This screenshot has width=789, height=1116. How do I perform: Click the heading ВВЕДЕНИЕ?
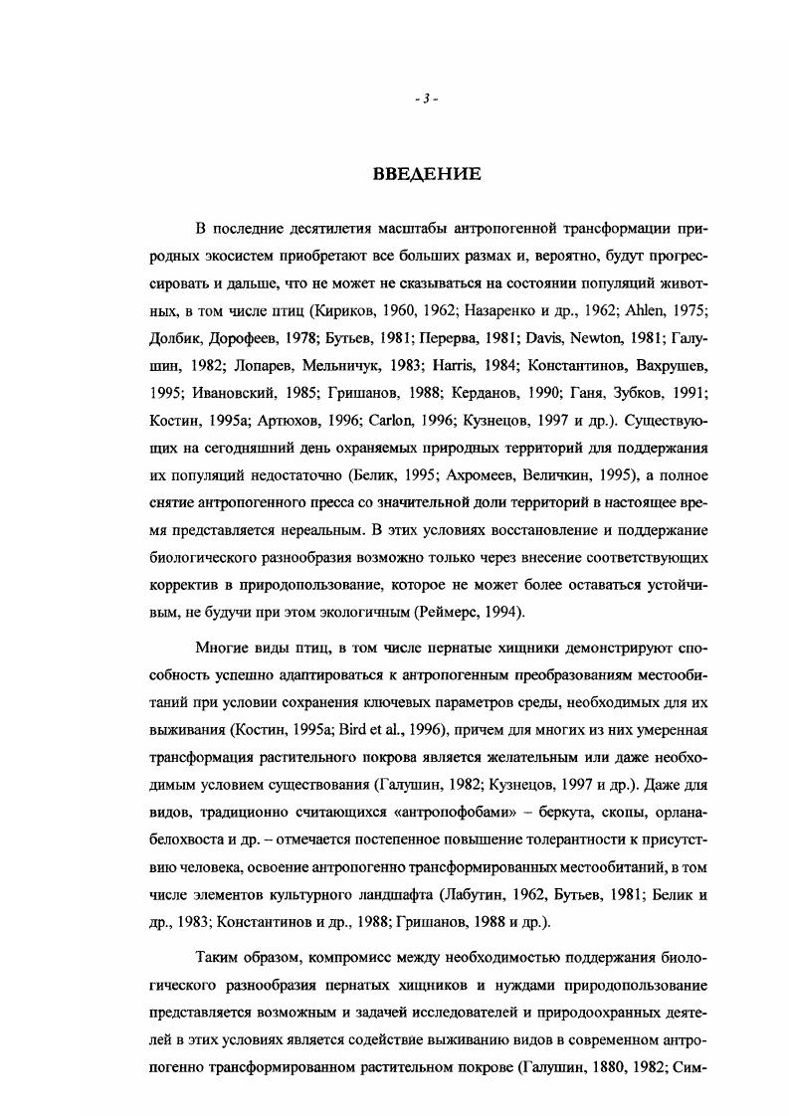pos(426,175)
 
